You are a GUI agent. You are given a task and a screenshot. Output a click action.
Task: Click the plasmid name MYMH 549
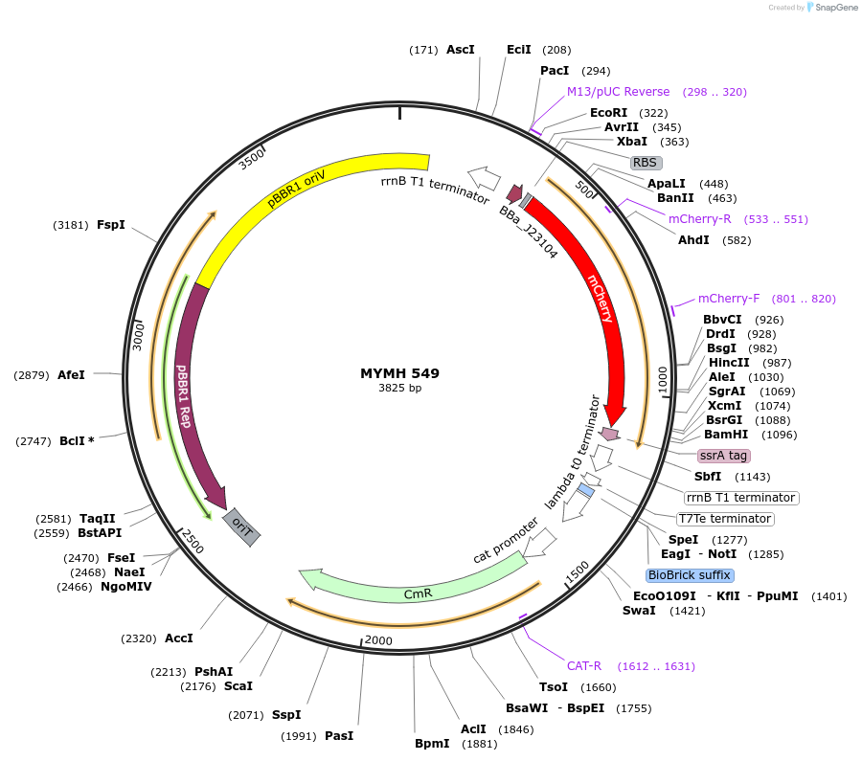coord(399,373)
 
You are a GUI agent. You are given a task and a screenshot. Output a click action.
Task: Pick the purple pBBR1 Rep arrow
coord(187,383)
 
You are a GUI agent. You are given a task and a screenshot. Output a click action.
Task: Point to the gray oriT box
coord(241,527)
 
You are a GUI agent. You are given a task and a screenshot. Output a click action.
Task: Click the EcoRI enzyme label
coord(608,113)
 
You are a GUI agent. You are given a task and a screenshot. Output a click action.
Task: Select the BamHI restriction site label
coord(726,434)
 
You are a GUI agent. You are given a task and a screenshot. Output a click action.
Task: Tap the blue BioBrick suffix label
coord(690,575)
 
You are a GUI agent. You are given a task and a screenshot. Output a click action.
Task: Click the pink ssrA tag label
coord(724,456)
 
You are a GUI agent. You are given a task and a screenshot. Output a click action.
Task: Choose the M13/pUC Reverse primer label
coord(619,92)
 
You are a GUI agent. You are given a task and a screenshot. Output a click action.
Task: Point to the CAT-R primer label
coord(584,666)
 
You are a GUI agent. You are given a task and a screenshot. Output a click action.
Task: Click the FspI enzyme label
coord(111,225)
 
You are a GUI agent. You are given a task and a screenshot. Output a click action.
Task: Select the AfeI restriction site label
coord(72,375)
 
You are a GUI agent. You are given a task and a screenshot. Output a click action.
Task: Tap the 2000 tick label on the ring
coord(379,640)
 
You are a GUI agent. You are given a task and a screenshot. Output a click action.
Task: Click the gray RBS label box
coord(646,163)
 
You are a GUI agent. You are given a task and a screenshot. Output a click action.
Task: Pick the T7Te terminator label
coord(724,519)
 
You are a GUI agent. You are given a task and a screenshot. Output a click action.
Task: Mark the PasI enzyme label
coord(339,736)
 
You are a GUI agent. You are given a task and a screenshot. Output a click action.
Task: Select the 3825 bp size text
coord(399,389)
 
